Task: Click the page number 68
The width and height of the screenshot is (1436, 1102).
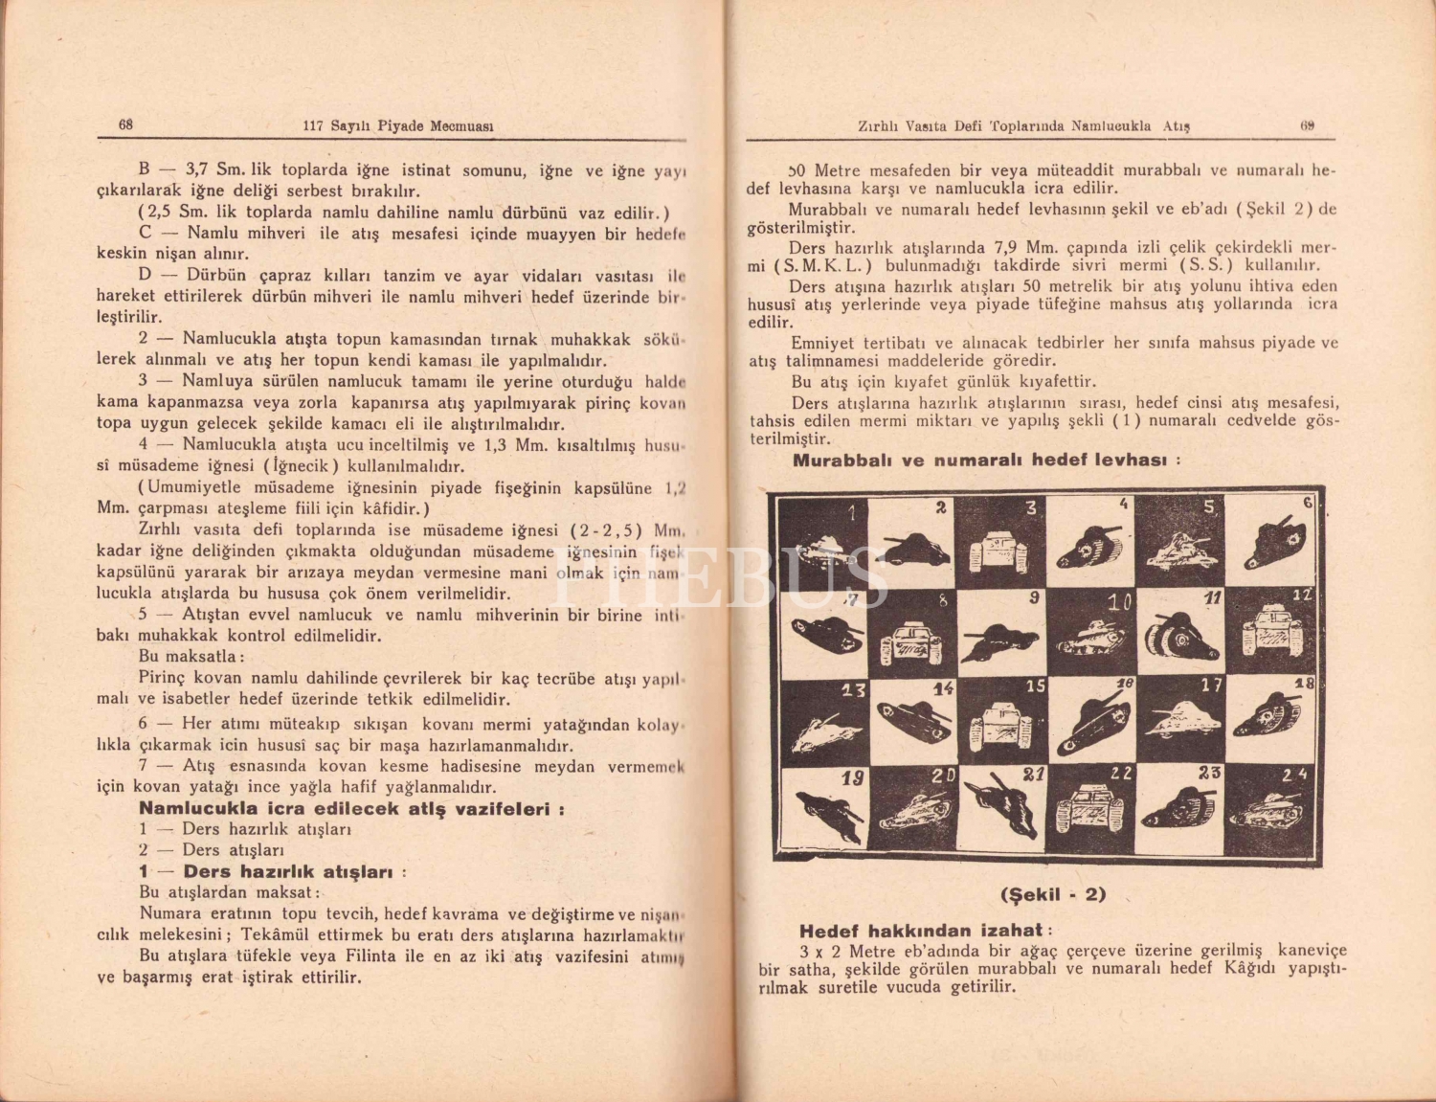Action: (x=125, y=124)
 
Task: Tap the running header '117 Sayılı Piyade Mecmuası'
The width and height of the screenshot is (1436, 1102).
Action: (x=397, y=125)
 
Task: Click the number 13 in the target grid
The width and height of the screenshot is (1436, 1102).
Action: (x=854, y=689)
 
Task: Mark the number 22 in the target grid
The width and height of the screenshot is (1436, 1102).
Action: (x=1121, y=773)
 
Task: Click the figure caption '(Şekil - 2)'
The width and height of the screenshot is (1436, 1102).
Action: (x=1052, y=895)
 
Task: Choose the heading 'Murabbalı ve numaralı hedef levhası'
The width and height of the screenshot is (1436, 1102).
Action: (x=986, y=460)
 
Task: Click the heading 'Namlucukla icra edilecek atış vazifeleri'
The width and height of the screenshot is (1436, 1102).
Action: (x=350, y=809)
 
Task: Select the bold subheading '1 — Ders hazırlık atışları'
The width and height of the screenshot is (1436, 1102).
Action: (x=273, y=872)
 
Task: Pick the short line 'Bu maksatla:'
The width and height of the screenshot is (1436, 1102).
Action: (x=191, y=657)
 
